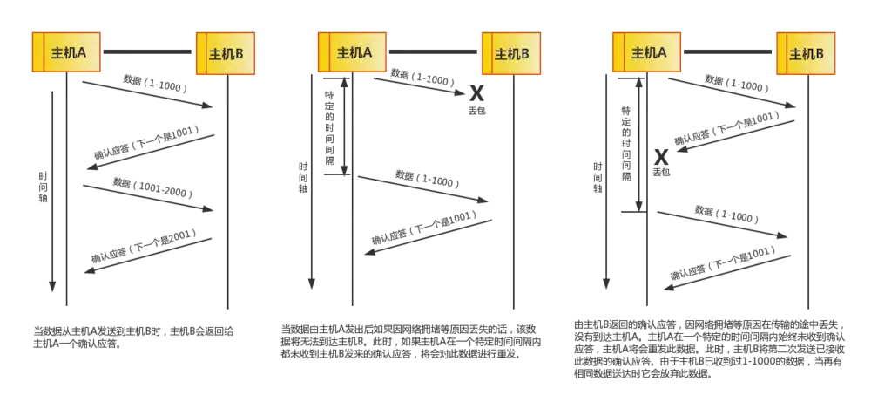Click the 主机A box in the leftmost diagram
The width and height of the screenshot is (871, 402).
click(x=66, y=53)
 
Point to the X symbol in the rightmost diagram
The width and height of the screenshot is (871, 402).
click(x=661, y=157)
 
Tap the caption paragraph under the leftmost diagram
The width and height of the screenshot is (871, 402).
click(x=139, y=337)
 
